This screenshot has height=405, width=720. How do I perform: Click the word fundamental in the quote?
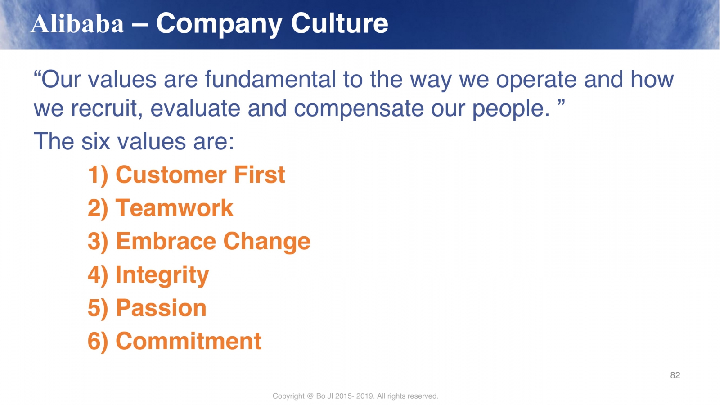pos(270,79)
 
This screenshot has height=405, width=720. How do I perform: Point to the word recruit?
pos(107,108)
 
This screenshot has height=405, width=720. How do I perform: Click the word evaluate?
pos(195,108)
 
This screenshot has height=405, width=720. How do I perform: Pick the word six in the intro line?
pos(95,141)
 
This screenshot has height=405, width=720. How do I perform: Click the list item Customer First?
pos(200,175)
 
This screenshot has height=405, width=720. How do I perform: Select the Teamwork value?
pos(174,208)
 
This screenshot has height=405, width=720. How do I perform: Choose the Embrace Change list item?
pos(213,242)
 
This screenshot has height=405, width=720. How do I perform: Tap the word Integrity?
pos(162,275)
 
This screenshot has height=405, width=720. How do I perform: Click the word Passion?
pos(161,308)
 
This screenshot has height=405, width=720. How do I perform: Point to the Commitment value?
pos(189,341)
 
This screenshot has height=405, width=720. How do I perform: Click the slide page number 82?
pos(675,375)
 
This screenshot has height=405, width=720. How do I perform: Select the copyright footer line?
pos(355,396)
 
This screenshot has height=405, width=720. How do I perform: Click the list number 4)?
pos(98,275)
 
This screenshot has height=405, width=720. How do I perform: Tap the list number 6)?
pos(98,342)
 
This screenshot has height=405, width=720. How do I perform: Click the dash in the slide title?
pos(140,24)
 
